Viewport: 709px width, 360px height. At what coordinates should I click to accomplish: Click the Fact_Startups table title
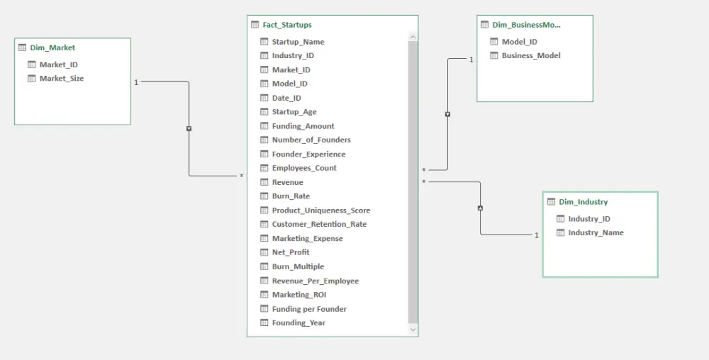tap(287, 25)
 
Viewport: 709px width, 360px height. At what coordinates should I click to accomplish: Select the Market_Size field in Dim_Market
tap(62, 78)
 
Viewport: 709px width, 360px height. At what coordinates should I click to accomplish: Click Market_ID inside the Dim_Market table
tap(58, 64)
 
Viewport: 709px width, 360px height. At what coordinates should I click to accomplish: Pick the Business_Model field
tap(531, 55)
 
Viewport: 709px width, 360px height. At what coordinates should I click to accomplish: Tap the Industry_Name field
tap(596, 232)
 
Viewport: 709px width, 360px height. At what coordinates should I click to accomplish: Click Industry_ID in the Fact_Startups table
tap(293, 55)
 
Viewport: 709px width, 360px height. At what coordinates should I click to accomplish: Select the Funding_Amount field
tap(303, 126)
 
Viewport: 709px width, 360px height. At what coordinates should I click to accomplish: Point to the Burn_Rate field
tap(291, 196)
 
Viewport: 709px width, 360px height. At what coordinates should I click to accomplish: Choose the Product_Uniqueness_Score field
tap(321, 210)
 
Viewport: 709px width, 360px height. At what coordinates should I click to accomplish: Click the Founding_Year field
tap(298, 322)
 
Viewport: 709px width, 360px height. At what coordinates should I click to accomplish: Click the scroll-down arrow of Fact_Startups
tap(413, 330)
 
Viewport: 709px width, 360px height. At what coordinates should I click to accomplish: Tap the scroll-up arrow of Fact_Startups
tap(413, 37)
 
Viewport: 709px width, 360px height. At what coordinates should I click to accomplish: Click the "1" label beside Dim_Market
tap(136, 82)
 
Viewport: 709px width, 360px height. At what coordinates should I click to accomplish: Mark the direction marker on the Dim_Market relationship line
tap(189, 129)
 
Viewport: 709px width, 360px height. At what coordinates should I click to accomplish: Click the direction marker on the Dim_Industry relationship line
tap(480, 208)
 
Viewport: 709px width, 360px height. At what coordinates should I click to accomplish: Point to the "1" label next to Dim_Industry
tap(537, 235)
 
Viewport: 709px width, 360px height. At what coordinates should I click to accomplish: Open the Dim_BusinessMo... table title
tap(526, 25)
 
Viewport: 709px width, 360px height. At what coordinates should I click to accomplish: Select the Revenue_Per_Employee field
tap(316, 281)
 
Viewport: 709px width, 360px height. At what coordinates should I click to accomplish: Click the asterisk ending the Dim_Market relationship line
tap(242, 176)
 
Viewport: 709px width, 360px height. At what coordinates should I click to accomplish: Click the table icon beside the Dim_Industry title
tap(551, 202)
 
